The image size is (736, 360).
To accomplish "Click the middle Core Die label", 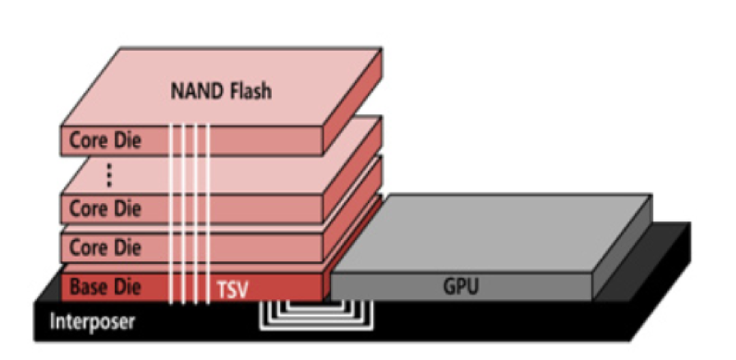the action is [x=105, y=208].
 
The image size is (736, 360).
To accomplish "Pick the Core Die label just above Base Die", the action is [x=105, y=247].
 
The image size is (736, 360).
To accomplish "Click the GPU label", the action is [x=461, y=286].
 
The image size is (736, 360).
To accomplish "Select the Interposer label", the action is [x=93, y=322].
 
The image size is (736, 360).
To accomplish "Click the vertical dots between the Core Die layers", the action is [x=109, y=175].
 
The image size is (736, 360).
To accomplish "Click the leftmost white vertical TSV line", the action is [x=172, y=213].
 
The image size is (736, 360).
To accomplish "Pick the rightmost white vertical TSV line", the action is [x=206, y=213].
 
